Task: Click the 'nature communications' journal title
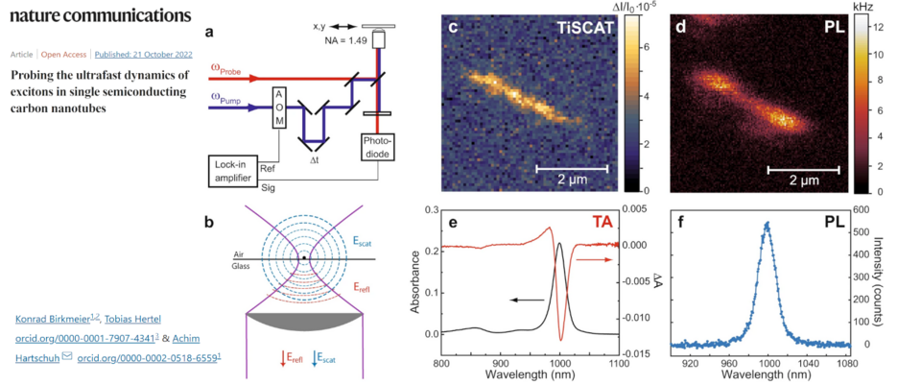click(94, 15)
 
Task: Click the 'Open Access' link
click(64, 55)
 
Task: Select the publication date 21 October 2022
click(141, 55)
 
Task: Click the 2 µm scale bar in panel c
click(570, 169)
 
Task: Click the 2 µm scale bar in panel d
click(803, 169)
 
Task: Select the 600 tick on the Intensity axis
click(862, 209)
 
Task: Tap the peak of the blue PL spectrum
click(767, 224)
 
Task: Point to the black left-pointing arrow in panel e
click(527, 301)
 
